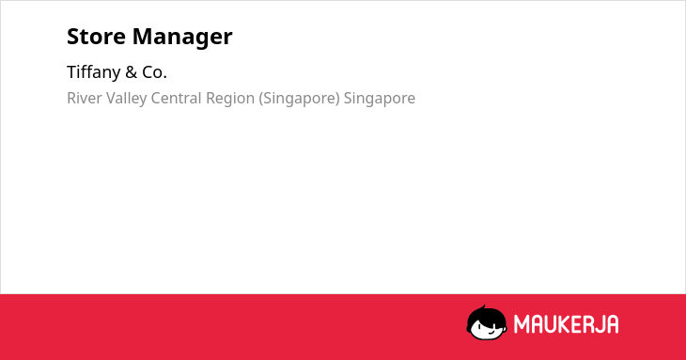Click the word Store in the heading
click(x=96, y=37)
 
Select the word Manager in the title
click(x=182, y=38)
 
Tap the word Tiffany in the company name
click(x=94, y=72)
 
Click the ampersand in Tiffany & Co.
click(x=132, y=72)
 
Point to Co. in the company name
click(x=154, y=72)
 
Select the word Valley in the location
click(x=126, y=99)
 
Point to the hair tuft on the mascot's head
click(x=483, y=308)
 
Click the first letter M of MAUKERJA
click(x=522, y=324)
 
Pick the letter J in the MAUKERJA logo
click(x=598, y=324)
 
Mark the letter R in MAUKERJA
click(x=587, y=324)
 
